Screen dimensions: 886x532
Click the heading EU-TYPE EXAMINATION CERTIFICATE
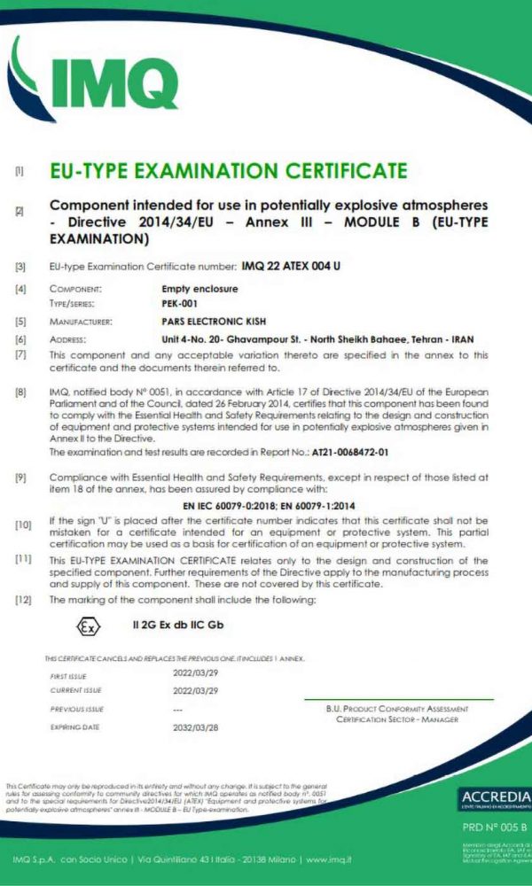pyautogui.click(x=228, y=170)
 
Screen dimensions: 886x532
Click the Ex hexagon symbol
pyautogui.click(x=86, y=626)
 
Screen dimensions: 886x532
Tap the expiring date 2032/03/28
pyautogui.click(x=195, y=727)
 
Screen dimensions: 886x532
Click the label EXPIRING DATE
pyautogui.click(x=74, y=727)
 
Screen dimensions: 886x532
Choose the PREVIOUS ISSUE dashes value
pyautogui.click(x=178, y=709)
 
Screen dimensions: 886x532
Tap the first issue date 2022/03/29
pyautogui.click(x=195, y=674)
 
